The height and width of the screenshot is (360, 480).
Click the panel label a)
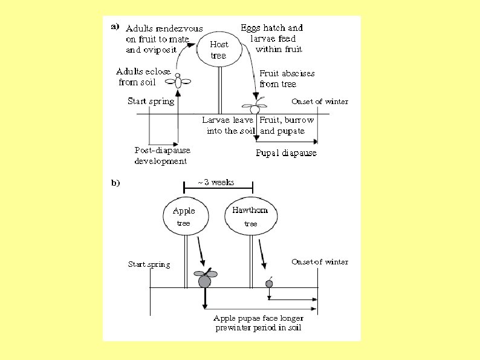pos(114,27)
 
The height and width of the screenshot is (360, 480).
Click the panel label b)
pos(114,184)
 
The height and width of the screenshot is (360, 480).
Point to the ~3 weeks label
pos(216,182)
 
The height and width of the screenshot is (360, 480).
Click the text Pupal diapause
pos(286,153)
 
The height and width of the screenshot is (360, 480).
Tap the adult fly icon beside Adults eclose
pos(179,80)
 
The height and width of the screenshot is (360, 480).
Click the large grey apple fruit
pos(204,279)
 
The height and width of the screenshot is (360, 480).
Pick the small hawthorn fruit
pos(269,283)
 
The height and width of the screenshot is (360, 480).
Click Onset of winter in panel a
pos(319,101)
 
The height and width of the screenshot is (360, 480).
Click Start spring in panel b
pos(149,264)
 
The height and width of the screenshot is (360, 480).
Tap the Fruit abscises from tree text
pos(287,79)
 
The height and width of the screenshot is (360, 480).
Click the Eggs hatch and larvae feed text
pos(271,38)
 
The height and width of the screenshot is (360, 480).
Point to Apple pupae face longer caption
pos(259,323)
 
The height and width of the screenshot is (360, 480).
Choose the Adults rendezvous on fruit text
pos(163,39)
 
